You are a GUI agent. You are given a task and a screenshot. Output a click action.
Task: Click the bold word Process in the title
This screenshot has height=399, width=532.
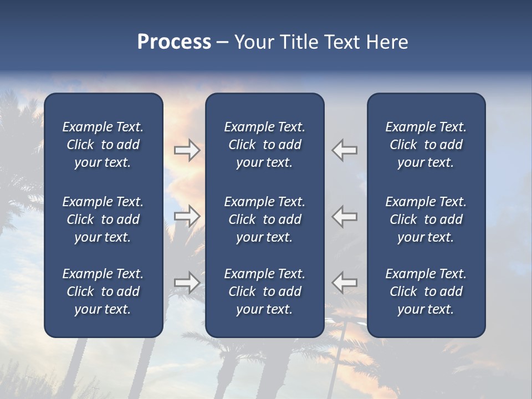(174, 42)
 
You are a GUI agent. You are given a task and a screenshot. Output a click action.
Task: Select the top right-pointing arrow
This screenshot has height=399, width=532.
(187, 150)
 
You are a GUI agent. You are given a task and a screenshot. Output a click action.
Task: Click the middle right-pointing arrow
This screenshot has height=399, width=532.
(187, 216)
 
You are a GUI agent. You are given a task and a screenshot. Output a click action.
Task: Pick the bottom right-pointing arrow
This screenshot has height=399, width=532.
(187, 283)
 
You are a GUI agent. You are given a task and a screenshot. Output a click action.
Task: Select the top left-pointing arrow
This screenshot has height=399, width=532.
(344, 150)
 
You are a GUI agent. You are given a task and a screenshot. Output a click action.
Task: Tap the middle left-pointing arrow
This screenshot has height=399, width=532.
(344, 216)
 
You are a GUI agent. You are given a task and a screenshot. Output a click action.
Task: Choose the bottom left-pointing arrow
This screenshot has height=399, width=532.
(344, 283)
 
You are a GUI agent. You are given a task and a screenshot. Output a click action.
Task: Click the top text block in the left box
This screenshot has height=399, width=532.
(103, 145)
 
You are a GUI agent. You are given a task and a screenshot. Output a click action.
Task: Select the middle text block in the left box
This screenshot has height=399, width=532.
(103, 219)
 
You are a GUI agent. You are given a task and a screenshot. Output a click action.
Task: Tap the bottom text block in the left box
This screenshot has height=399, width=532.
(103, 291)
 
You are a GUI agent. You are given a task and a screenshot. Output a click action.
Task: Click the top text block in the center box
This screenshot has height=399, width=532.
(264, 145)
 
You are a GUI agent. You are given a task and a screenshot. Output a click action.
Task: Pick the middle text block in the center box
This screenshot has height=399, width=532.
(264, 219)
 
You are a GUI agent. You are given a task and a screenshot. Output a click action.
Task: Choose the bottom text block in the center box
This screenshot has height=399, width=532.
(264, 291)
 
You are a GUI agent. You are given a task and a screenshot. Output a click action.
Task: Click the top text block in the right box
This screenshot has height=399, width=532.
(426, 145)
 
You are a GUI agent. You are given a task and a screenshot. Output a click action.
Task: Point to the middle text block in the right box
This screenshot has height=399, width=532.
(426, 219)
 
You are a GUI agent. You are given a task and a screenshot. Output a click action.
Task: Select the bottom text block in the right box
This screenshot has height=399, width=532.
(426, 291)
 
